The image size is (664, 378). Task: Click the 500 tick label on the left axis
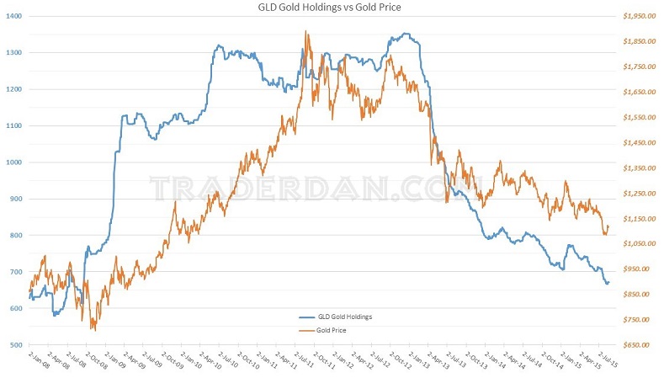click(15, 345)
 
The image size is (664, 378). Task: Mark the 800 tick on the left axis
click(15, 236)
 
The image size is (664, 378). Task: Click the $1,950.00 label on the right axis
click(637, 16)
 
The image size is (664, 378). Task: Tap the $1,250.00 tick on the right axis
click(637, 194)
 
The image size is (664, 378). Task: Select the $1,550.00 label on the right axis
click(637, 117)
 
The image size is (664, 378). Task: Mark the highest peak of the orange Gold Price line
click(306, 31)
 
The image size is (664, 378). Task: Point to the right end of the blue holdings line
click(608, 283)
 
